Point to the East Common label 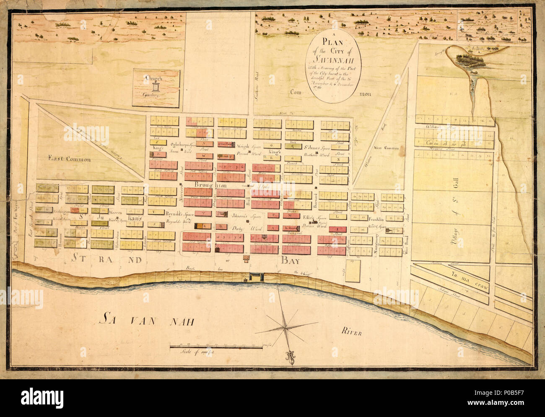(63, 159)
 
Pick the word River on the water (348, 334)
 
